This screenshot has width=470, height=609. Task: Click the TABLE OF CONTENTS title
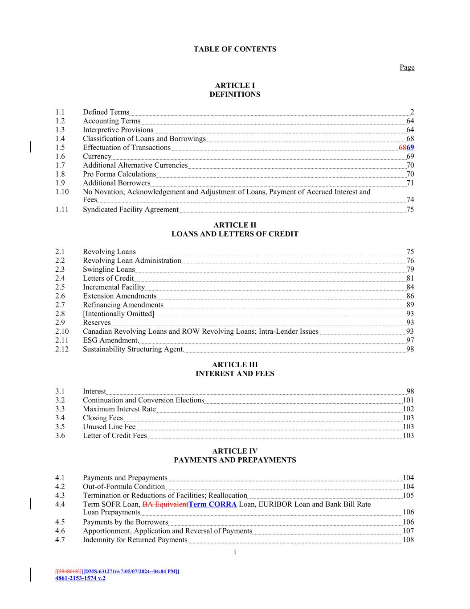(x=235, y=50)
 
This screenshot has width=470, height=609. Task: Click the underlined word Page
(x=407, y=67)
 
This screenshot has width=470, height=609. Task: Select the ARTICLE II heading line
(x=235, y=225)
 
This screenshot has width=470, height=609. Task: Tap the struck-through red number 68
(x=402, y=148)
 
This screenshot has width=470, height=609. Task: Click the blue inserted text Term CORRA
(x=213, y=505)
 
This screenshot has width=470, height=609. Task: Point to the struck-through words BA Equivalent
(x=165, y=505)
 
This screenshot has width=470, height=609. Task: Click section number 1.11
(x=62, y=210)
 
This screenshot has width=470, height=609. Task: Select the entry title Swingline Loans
(x=109, y=269)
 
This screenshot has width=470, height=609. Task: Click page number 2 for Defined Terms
(x=412, y=112)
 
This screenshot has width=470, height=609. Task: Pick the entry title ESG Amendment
(x=110, y=340)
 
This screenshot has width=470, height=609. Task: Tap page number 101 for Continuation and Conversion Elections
(x=408, y=400)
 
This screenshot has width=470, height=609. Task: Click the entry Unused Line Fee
(x=109, y=427)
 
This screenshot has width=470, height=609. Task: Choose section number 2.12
(x=62, y=349)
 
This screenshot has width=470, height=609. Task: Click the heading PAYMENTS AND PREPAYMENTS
(x=235, y=460)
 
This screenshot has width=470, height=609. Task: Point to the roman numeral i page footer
(x=235, y=552)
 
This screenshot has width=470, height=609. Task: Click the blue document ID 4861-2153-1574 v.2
(x=80, y=578)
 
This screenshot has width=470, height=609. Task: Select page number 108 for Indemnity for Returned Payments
(x=408, y=540)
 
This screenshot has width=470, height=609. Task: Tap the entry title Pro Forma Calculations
(x=119, y=174)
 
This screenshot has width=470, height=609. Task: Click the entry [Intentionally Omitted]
(x=119, y=314)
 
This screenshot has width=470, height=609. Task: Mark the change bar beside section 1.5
(x=30, y=147)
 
